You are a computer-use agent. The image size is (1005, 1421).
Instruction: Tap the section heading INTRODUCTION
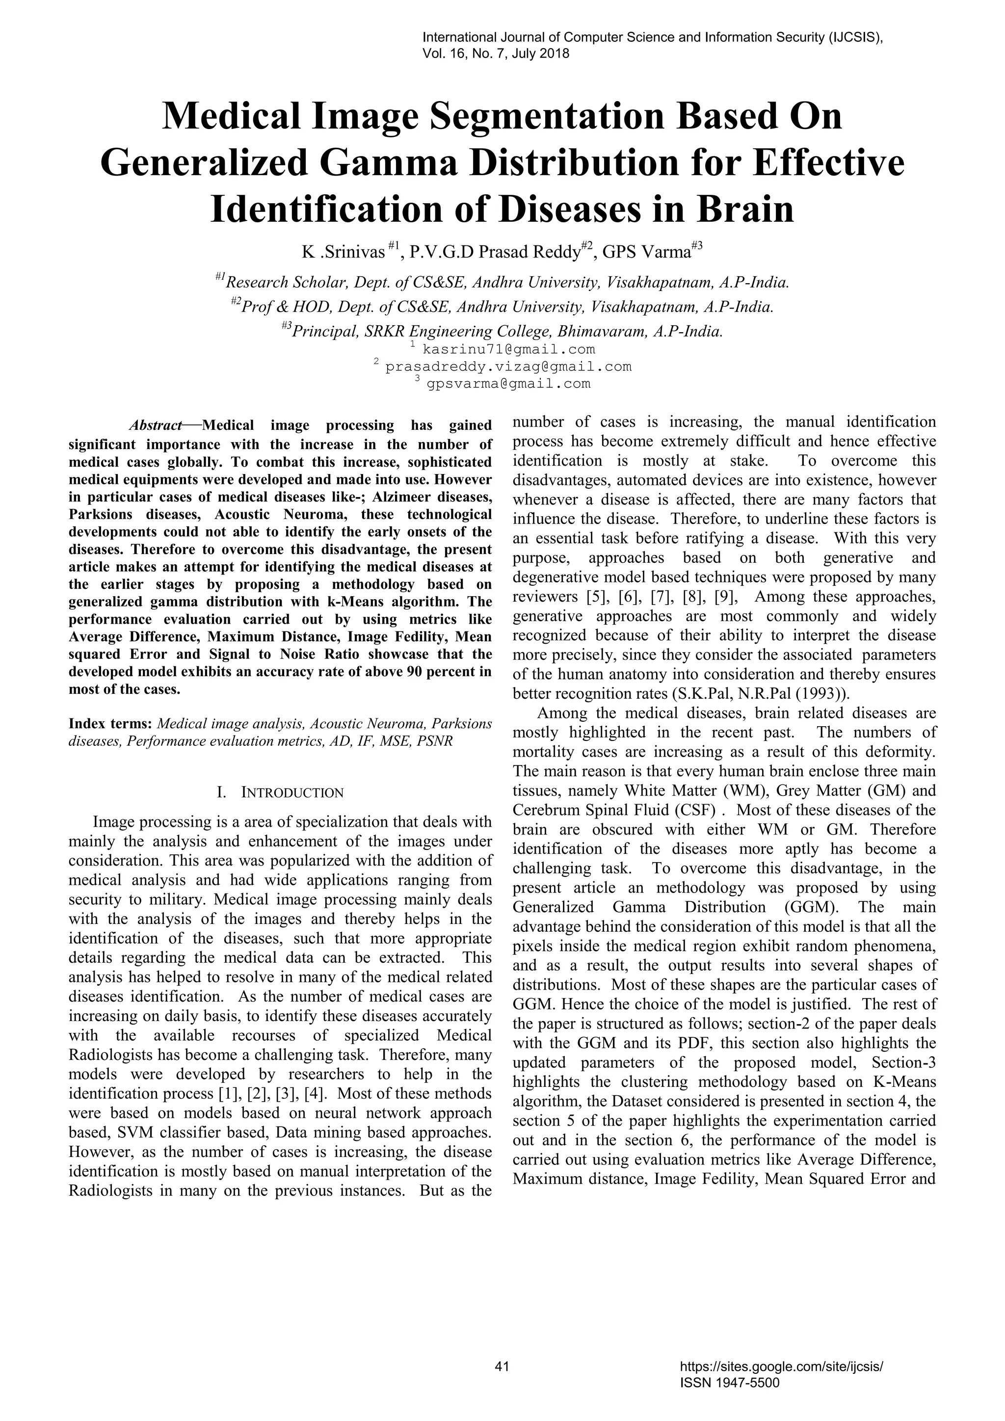tap(291, 793)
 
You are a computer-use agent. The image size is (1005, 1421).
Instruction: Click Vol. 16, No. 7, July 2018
tap(496, 54)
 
